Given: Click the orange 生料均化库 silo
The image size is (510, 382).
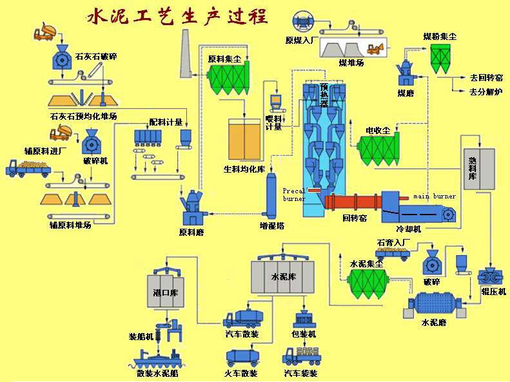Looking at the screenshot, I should pyautogui.click(x=246, y=138).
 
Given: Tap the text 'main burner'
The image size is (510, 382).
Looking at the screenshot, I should pyautogui.click(x=435, y=196).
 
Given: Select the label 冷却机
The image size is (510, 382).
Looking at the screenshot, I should pyautogui.click(x=408, y=228).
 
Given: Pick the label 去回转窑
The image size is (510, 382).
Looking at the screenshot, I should pyautogui.click(x=486, y=77).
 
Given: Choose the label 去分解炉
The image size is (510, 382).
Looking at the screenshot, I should pyautogui.click(x=486, y=91).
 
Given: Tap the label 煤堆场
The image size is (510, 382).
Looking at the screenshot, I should pyautogui.click(x=351, y=62).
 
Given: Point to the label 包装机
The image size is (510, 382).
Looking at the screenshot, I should pyautogui.click(x=304, y=334).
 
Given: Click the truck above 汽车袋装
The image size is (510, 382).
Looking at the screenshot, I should pyautogui.click(x=302, y=356).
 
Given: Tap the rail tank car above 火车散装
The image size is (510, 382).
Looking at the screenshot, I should pyautogui.click(x=242, y=358).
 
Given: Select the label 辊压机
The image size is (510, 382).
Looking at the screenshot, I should pyautogui.click(x=494, y=292).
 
